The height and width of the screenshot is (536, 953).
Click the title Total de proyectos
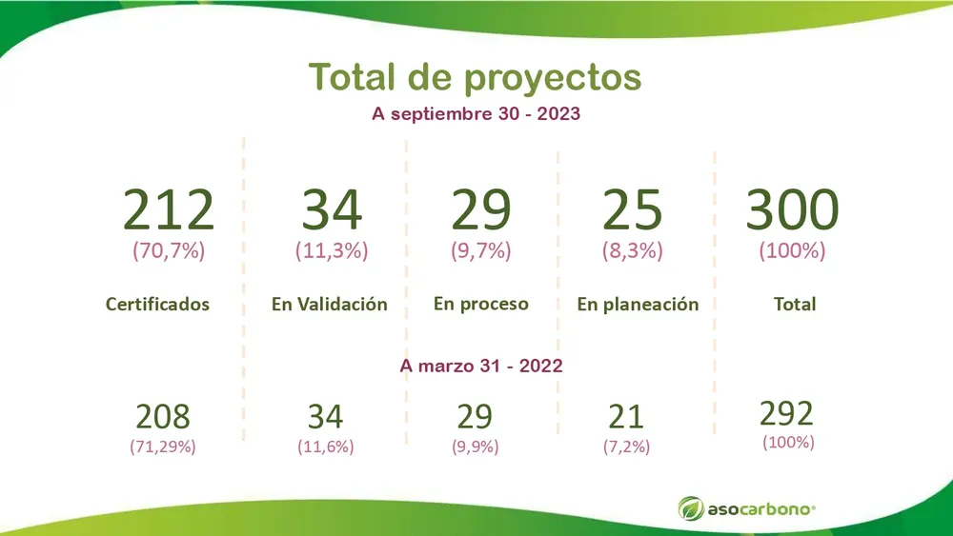click(x=476, y=77)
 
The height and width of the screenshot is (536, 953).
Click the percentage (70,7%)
click(x=169, y=252)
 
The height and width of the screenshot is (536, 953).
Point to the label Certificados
click(x=157, y=305)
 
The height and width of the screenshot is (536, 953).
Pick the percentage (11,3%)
click(x=332, y=252)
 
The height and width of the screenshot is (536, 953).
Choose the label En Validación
click(x=330, y=305)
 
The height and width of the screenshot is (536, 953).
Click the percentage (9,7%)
click(x=481, y=252)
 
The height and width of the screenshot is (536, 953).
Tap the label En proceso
click(x=481, y=304)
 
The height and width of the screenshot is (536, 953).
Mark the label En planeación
click(x=638, y=305)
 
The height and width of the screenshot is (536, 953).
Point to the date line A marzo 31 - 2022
click(x=481, y=365)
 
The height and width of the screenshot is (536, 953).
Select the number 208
click(x=163, y=417)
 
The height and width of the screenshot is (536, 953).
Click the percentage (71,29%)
click(x=163, y=446)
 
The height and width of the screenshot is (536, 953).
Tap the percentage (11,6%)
click(x=325, y=446)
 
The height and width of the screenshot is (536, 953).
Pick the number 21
click(x=626, y=417)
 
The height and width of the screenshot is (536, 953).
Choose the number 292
click(x=787, y=413)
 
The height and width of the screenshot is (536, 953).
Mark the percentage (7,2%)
click(x=626, y=446)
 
